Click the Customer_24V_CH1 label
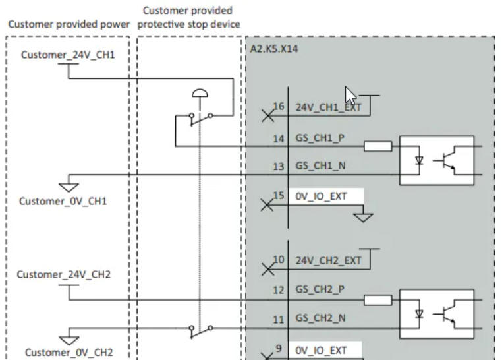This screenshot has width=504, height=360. coord(67,55)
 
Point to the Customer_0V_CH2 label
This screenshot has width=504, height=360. coord(65,352)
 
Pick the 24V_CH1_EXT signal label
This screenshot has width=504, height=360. coord(327,107)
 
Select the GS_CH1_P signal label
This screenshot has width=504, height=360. coord(320,139)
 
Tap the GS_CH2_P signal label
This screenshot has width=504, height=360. coord(320,289)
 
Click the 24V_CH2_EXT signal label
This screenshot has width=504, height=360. coord(327,260)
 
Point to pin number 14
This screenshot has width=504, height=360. coord(278,139)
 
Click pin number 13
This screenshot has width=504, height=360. coord(278,167)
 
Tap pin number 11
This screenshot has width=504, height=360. coord(278,319)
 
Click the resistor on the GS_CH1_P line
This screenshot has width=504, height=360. coord(377,146)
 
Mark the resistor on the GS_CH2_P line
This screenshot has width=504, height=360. coord(377,300)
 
